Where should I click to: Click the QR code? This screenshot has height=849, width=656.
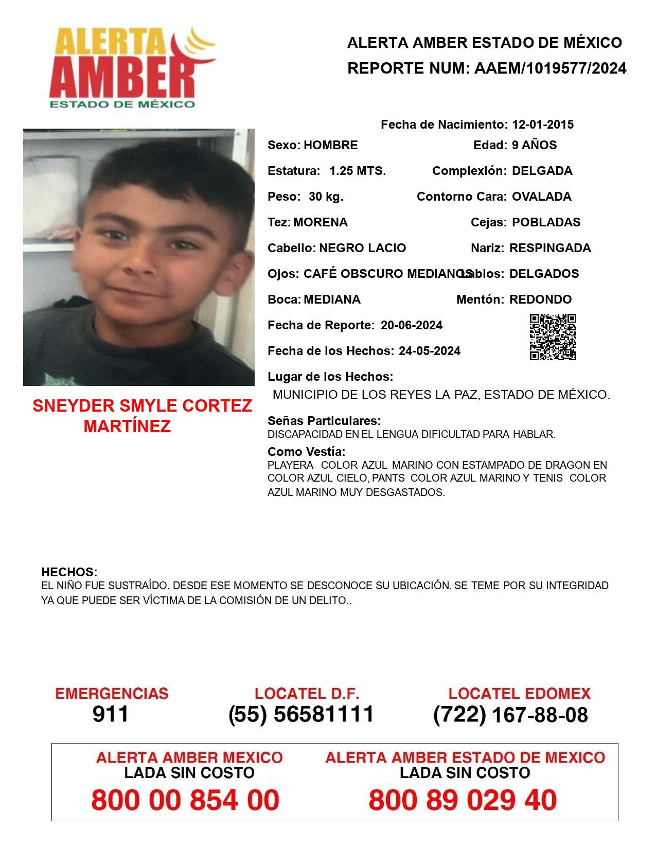tap(553, 337)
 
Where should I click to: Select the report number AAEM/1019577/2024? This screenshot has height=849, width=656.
tap(549, 68)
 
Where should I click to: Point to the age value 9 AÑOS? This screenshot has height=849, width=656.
tap(534, 145)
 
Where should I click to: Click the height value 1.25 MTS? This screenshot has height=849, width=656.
tap(357, 171)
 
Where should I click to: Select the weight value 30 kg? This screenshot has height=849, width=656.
tap(326, 197)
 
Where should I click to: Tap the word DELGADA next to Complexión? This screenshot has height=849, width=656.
tap(542, 171)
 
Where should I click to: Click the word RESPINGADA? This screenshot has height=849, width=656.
tap(549, 248)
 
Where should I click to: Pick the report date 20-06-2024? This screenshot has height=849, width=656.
tap(411, 325)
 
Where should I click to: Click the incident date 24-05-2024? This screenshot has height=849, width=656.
tap(429, 351)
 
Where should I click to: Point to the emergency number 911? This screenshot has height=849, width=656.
tap(110, 714)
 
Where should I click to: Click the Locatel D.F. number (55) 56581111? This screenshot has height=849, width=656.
tap(301, 714)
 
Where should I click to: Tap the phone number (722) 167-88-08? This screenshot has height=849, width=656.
tap(510, 715)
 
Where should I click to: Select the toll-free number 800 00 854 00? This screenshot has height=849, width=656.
tap(185, 800)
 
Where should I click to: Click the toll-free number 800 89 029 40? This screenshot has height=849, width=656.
tap(462, 800)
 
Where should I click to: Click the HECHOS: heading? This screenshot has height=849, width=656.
tap(69, 572)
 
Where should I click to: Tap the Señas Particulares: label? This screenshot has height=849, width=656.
tap(324, 421)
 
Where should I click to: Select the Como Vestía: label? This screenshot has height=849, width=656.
tap(306, 452)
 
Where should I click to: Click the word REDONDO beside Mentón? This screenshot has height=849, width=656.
tap(540, 299)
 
